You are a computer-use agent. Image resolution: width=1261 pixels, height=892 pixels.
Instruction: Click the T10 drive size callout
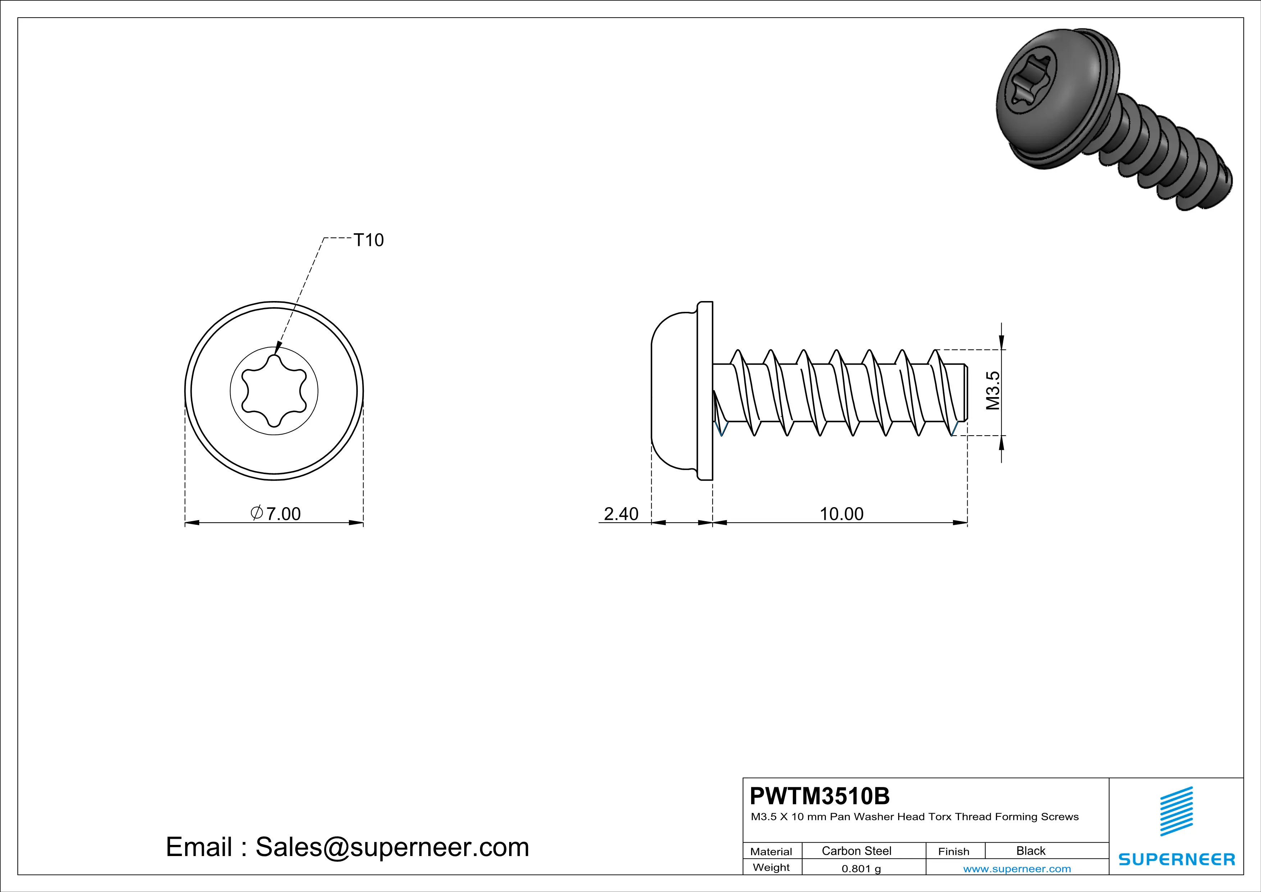368,240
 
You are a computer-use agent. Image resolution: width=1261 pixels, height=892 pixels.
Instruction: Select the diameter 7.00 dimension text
276,514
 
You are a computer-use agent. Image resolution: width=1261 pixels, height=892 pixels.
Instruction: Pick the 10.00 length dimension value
841,514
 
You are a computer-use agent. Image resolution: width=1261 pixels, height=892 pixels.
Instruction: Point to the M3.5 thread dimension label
993,391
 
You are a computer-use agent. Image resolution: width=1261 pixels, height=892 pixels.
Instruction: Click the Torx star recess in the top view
274,391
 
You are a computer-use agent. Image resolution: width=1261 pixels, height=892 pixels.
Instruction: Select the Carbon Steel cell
856,851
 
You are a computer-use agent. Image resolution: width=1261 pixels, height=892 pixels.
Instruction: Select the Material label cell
771,851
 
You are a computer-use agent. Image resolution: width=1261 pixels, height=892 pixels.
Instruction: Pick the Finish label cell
954,851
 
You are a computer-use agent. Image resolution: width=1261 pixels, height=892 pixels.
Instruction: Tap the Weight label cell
771,867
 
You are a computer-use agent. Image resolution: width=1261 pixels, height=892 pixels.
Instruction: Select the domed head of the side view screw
673,391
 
